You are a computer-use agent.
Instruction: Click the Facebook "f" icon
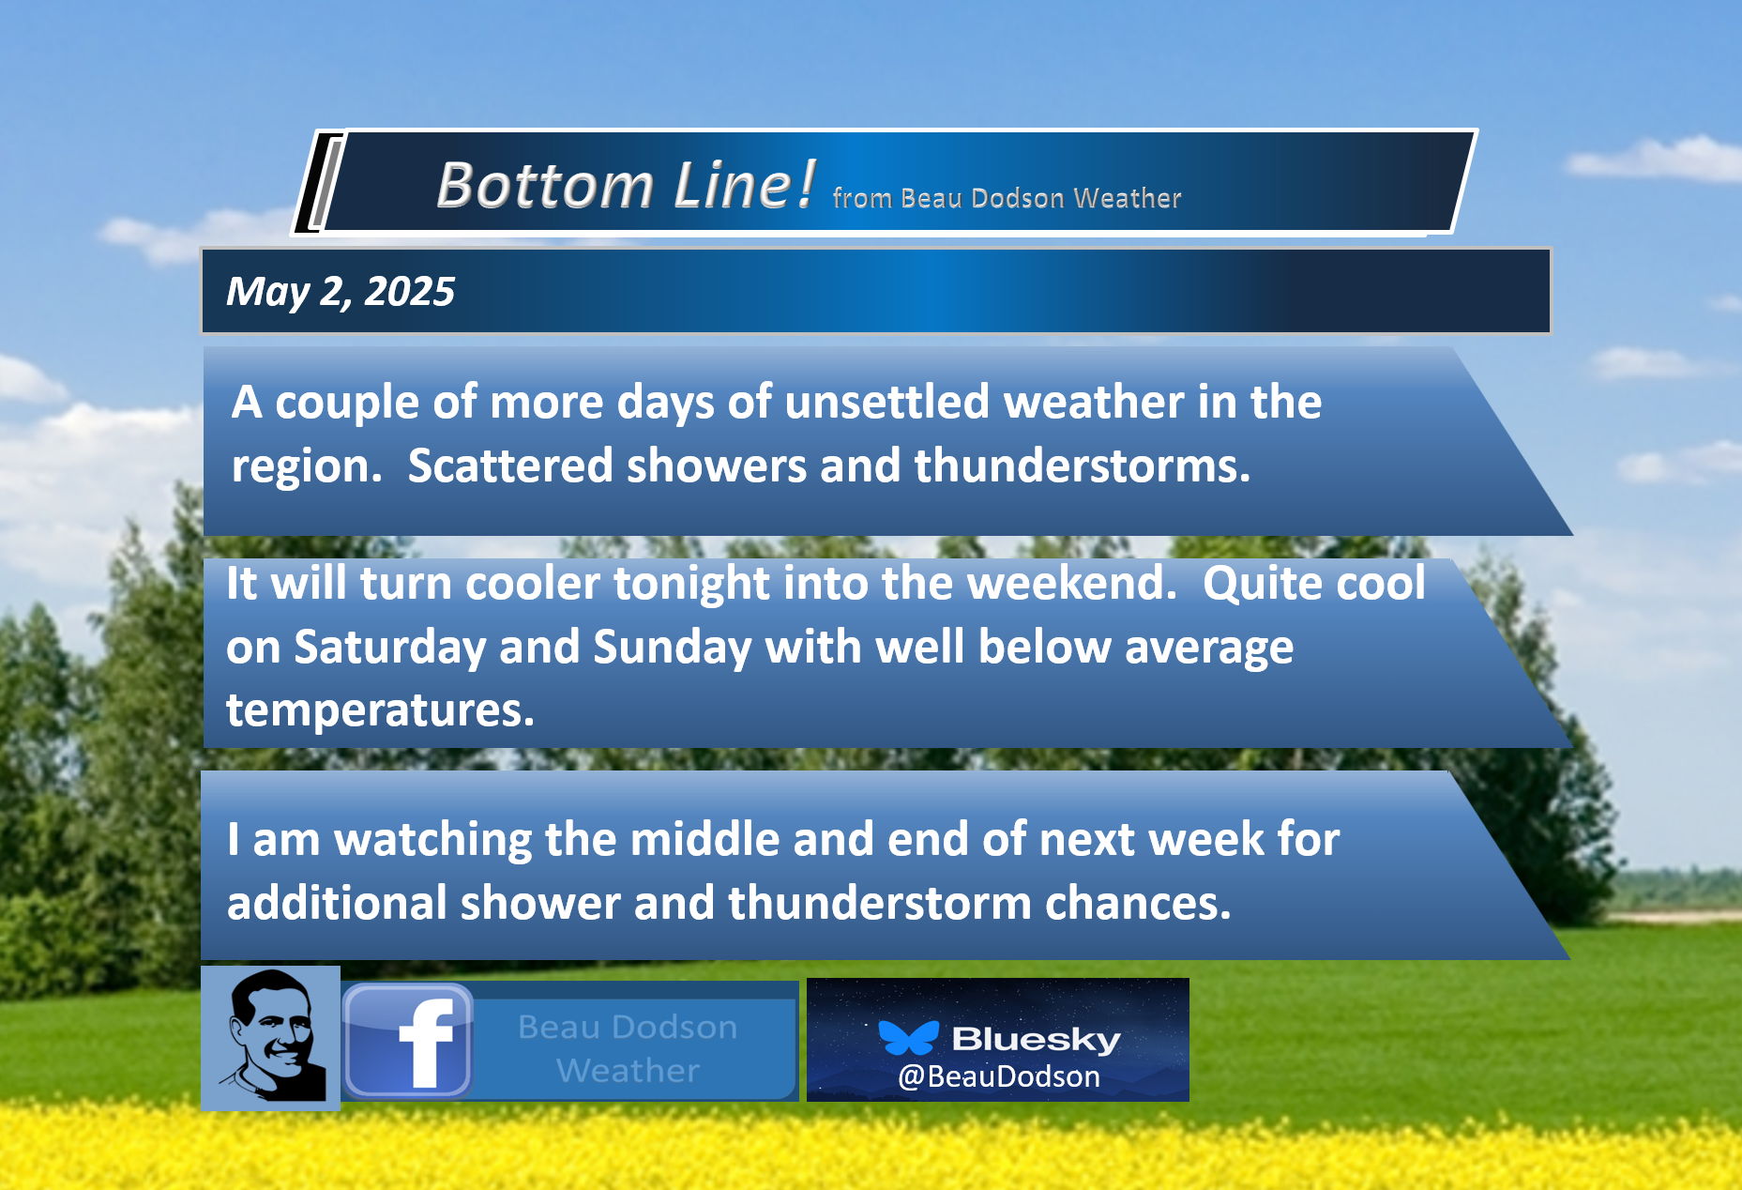point(408,1041)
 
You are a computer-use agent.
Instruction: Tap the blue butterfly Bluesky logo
point(908,1037)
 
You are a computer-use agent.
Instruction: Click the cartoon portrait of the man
point(270,1037)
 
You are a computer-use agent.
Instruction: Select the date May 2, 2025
point(341,292)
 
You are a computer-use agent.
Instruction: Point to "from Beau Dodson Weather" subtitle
point(1007,198)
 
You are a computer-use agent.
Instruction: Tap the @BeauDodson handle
point(999,1076)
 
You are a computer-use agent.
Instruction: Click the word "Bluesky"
point(1037,1039)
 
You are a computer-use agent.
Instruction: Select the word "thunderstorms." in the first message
point(1083,465)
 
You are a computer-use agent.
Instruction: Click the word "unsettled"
point(886,402)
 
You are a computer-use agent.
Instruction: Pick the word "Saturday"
point(390,648)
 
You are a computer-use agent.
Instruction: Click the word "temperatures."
point(380,710)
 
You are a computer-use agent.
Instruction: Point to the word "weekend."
point(1072,583)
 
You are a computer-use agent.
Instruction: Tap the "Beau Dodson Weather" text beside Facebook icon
point(628,1048)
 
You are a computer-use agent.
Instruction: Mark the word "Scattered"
point(510,465)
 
